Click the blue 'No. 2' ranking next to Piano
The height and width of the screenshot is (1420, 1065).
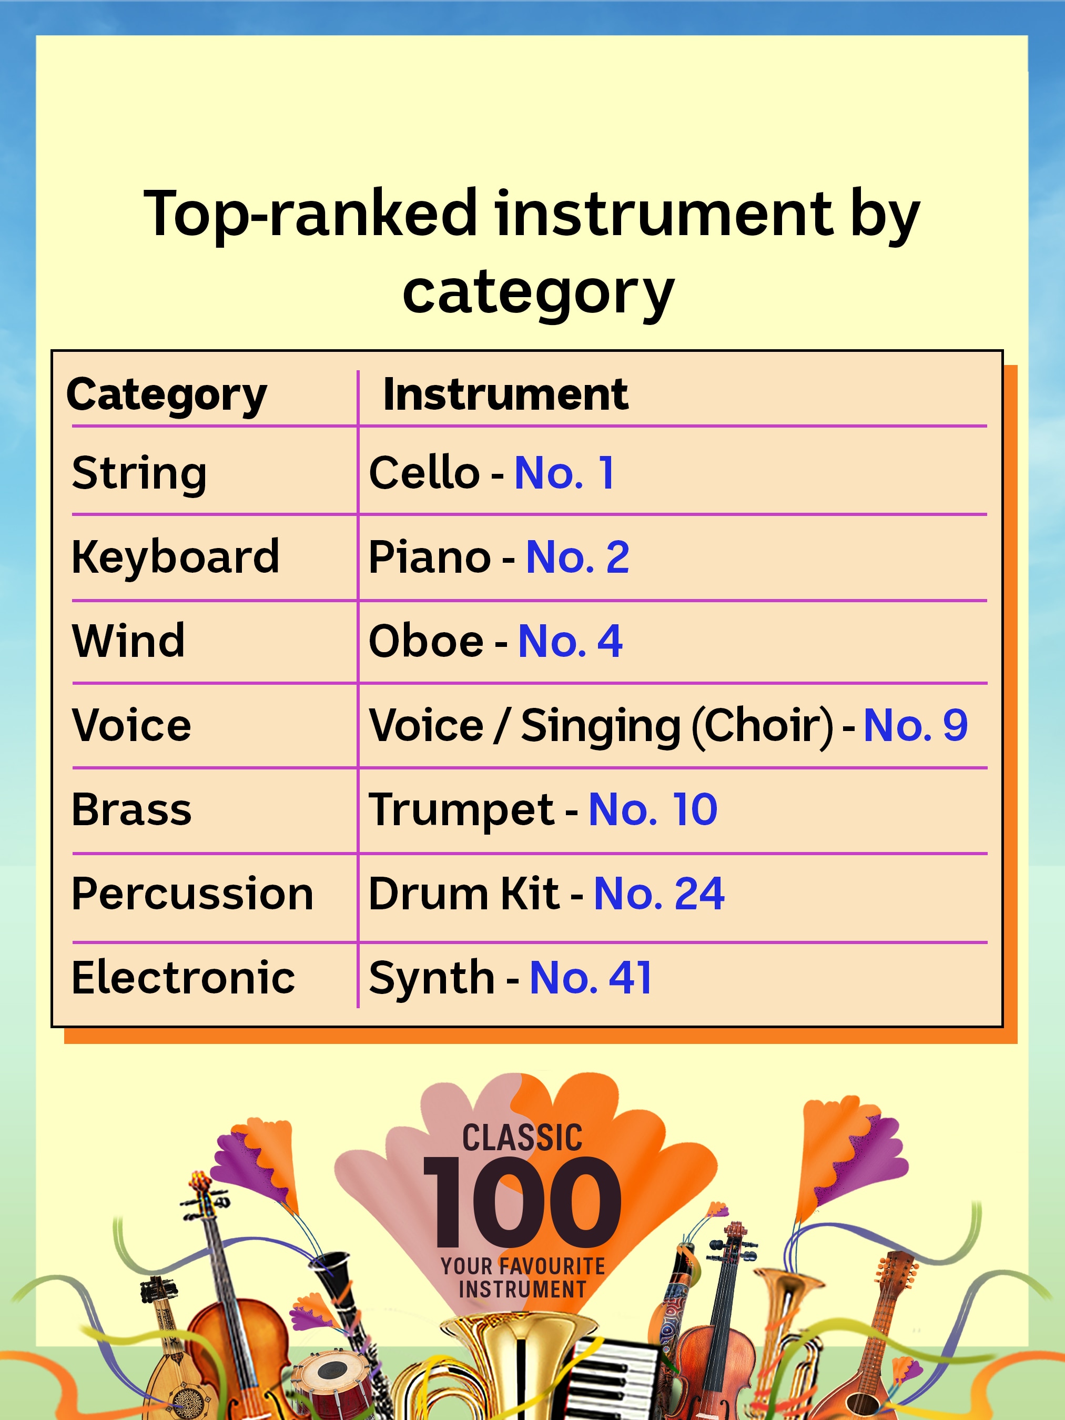coord(577,556)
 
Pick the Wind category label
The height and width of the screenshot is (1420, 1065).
coord(128,641)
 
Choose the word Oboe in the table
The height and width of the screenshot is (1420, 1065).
coord(425,641)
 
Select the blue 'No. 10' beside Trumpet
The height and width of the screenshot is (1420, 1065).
coord(653,809)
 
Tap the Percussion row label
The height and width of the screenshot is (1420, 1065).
coord(192,894)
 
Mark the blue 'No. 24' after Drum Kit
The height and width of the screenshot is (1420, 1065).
coord(660,894)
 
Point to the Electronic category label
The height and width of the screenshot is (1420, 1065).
coord(184,978)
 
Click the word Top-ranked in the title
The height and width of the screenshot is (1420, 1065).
coord(311,213)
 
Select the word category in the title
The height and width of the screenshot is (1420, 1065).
coord(538,292)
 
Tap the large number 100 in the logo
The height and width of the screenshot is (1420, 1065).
coord(522,1202)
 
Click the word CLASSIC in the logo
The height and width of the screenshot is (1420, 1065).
coord(522,1138)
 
